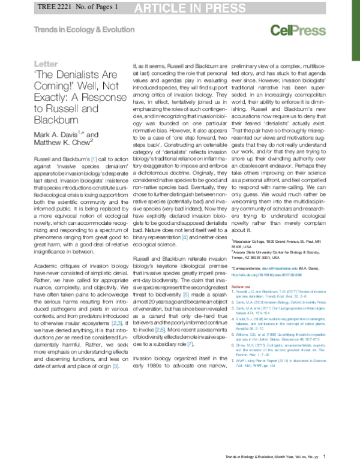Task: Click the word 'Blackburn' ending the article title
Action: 58,120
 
